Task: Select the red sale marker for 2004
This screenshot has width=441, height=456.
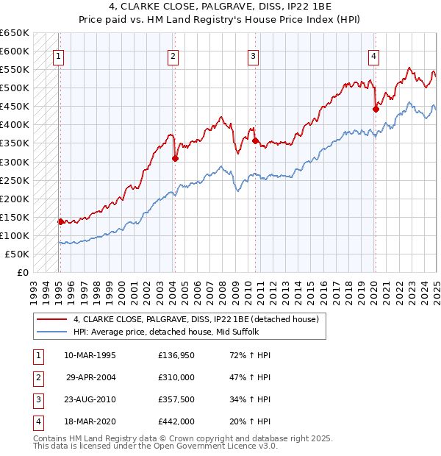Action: click(175, 157)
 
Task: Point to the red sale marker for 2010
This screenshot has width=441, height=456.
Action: click(255, 140)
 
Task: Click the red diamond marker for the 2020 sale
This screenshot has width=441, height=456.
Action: click(376, 109)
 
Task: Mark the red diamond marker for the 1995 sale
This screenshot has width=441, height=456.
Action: click(60, 221)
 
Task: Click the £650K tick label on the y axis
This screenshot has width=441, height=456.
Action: click(15, 33)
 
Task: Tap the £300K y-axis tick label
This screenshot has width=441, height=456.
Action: click(15, 162)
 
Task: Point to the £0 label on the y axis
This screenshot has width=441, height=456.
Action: click(22, 272)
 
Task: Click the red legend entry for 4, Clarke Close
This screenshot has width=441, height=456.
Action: click(195, 319)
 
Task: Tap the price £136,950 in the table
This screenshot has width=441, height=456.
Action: click(176, 355)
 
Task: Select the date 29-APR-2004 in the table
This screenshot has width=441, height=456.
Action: click(90, 377)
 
